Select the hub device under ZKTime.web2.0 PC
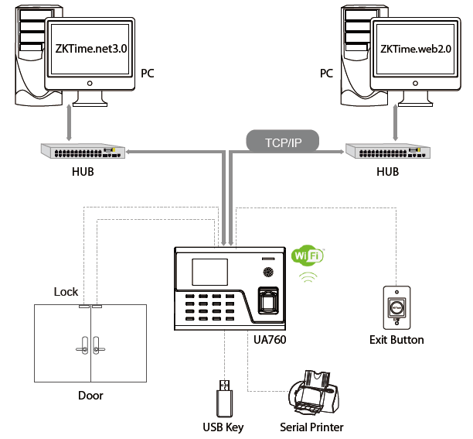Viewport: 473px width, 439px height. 386,150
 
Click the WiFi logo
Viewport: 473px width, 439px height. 307,256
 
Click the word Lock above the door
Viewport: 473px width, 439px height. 66,292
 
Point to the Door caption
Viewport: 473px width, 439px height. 90,396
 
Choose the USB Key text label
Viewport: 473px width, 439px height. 223,427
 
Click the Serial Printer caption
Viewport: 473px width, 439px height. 311,427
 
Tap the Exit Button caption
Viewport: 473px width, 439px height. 397,340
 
